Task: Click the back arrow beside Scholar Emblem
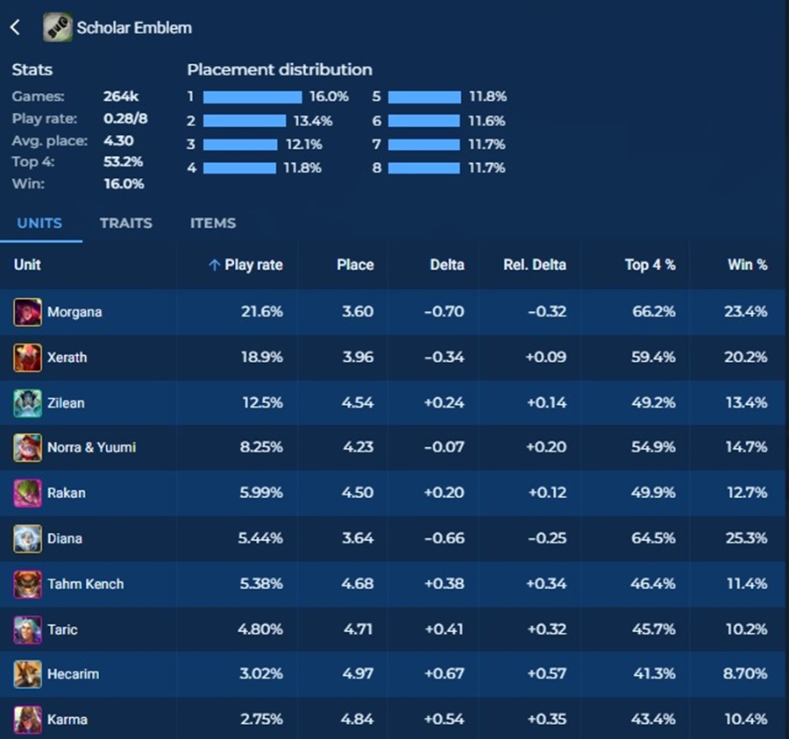click(15, 27)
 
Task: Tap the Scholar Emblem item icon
click(58, 27)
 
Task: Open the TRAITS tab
click(125, 223)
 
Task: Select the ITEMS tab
click(213, 223)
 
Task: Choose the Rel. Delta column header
click(534, 265)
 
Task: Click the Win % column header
click(747, 265)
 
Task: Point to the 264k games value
click(121, 96)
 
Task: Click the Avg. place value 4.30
click(118, 140)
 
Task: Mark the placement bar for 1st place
click(252, 97)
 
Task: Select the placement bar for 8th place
click(423, 167)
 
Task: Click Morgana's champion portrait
click(27, 312)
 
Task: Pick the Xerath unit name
click(68, 358)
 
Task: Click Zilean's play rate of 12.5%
click(262, 403)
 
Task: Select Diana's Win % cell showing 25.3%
click(747, 538)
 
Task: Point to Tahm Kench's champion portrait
click(27, 584)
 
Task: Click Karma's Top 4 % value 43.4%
click(653, 720)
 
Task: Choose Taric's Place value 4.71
click(357, 629)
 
